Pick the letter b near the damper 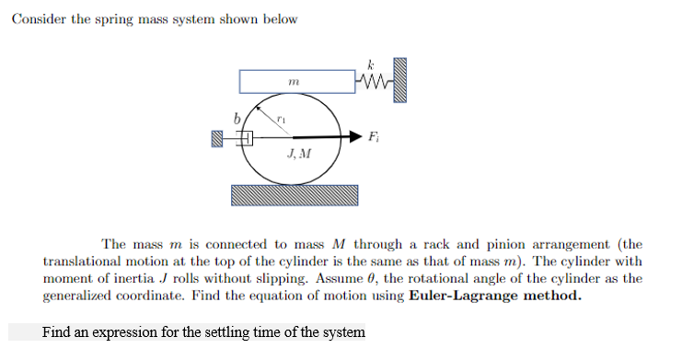(x=237, y=118)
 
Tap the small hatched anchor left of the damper (x=217, y=138)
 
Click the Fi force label (x=372, y=138)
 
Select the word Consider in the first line (x=38, y=20)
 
